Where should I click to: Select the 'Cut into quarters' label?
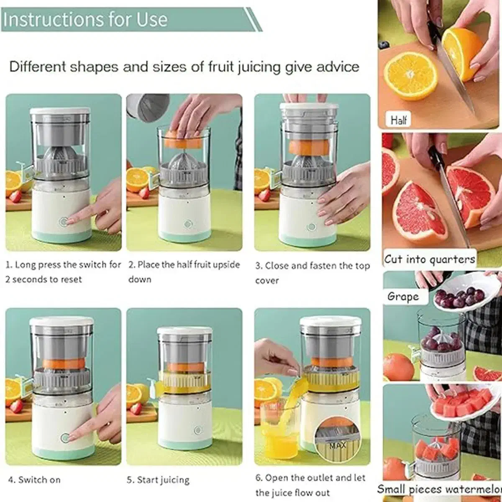[430, 259]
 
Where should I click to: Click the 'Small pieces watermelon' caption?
[440, 489]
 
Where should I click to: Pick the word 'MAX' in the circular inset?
[337, 445]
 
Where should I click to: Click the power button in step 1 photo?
[64, 222]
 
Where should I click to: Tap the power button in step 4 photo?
[65, 438]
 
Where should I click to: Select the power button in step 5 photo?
[198, 430]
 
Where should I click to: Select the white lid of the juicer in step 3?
[309, 108]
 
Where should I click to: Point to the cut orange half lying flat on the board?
[410, 76]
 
